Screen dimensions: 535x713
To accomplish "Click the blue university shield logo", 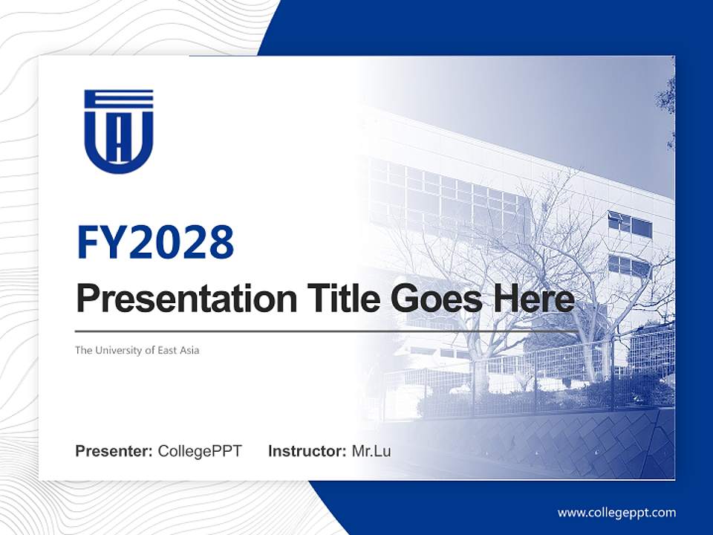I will click(x=119, y=132).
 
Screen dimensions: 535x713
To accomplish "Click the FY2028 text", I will click(x=155, y=241).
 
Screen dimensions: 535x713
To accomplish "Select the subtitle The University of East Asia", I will click(x=137, y=350).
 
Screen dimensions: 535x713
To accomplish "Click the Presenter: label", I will click(x=114, y=451).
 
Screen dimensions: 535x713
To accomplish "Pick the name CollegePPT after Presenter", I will click(x=200, y=451).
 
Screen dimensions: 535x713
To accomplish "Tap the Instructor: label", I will click(x=307, y=451).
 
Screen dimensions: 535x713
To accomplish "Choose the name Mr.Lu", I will click(x=371, y=451).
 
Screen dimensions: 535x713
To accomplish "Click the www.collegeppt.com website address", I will click(x=616, y=513).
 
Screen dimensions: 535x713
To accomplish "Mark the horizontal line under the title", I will click(x=327, y=331).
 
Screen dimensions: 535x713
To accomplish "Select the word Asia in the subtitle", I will click(x=189, y=350).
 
